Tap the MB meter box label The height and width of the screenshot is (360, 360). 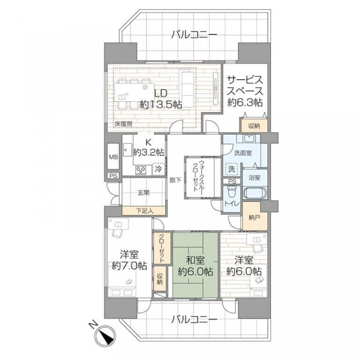pyautogui.click(x=113, y=157)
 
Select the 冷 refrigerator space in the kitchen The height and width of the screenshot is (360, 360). pyautogui.click(x=158, y=169)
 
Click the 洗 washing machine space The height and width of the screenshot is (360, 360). pyautogui.click(x=232, y=169)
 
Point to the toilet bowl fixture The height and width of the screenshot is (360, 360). pyautogui.click(x=231, y=191)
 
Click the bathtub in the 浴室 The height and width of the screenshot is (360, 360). pyautogui.click(x=255, y=193)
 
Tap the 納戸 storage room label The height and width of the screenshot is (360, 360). pyautogui.click(x=255, y=217)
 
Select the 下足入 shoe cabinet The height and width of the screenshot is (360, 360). pyautogui.click(x=144, y=211)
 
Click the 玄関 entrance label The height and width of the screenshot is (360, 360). pyautogui.click(x=143, y=193)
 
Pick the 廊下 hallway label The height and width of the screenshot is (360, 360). pyautogui.click(x=175, y=180)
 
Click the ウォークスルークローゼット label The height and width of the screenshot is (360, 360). pyautogui.click(x=199, y=176)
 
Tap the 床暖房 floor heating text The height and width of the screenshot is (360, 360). pyautogui.click(x=124, y=124)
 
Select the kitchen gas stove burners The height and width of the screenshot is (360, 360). pyautogui.click(x=141, y=170)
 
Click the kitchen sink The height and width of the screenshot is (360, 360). pyautogui.click(x=127, y=150)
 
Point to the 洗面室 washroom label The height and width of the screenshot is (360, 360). pyautogui.click(x=243, y=153)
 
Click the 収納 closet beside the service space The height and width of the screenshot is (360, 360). pyautogui.click(x=254, y=126)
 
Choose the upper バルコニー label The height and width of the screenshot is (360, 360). pyautogui.click(x=195, y=35)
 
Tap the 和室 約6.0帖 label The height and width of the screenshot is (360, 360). pyautogui.click(x=195, y=266)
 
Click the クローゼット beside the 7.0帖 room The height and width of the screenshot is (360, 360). pyautogui.click(x=162, y=248)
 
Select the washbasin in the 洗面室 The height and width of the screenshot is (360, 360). pyautogui.click(x=248, y=138)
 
